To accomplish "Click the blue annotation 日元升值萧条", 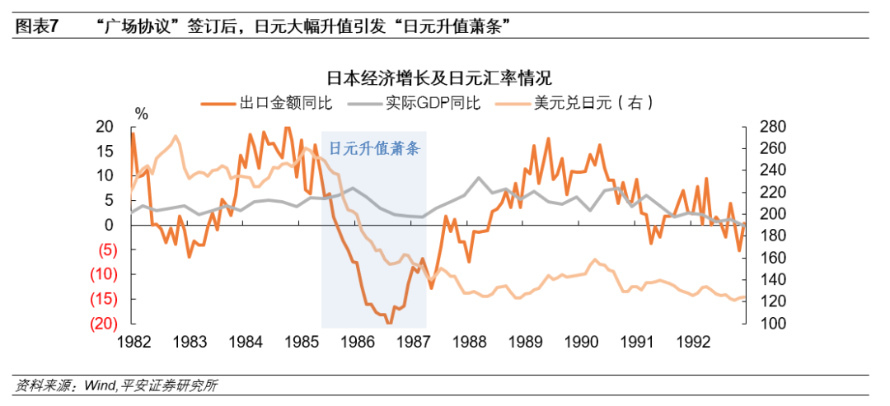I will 374,149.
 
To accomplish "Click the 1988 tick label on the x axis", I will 470,341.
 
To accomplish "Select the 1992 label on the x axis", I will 694,341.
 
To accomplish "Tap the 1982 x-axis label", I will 133,341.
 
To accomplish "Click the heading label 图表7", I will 35,26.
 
